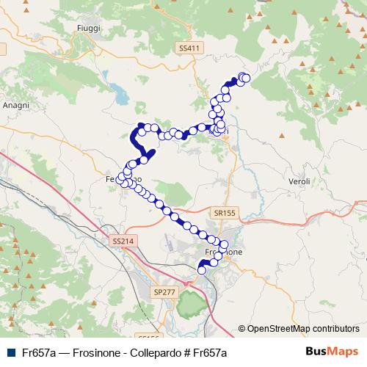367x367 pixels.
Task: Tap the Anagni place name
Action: (x=15, y=105)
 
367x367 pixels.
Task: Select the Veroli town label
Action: (x=299, y=181)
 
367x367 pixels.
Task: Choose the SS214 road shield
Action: (x=123, y=241)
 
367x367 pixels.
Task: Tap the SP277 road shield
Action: (x=164, y=272)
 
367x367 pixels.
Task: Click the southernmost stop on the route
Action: (x=202, y=270)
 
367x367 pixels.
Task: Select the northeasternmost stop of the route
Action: (x=246, y=78)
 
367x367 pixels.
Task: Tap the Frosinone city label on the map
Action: (x=223, y=252)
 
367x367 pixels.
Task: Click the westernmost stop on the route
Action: (x=121, y=178)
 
